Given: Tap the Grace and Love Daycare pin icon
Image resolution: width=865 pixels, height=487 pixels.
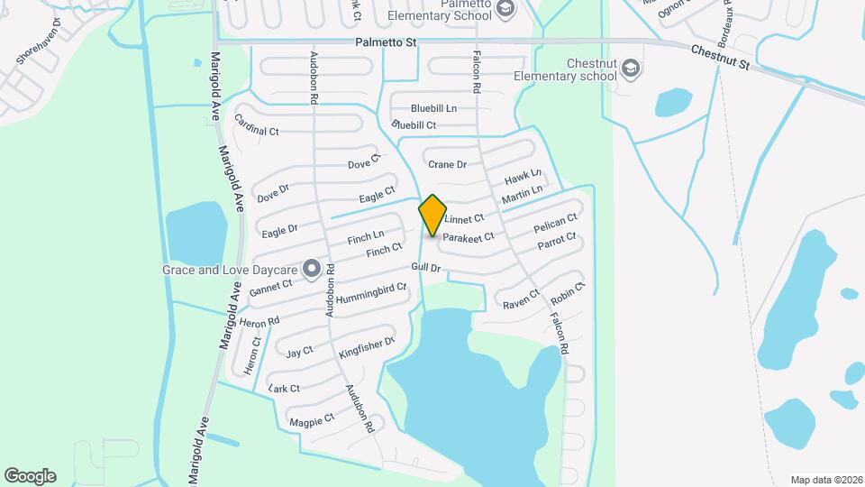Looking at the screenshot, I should coord(312,268).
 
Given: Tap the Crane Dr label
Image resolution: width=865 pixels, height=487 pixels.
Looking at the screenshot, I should coord(447,164).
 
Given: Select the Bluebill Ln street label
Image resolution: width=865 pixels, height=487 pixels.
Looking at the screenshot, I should coord(433,107).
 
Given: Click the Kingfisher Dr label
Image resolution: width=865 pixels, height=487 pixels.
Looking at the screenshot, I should coord(368,348).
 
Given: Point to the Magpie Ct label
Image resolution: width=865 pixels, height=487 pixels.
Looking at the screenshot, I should coord(312,419).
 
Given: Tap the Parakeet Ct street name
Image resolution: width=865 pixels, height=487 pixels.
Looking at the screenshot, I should coord(470,237).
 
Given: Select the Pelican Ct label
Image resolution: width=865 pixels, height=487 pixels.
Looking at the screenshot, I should coord(554,222).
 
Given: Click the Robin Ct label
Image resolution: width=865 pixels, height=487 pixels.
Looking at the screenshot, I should coord(569,292).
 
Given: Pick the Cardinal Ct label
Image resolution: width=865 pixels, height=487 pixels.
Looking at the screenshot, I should coord(257,125).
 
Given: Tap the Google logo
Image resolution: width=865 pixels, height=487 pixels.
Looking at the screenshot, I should coord(30,475).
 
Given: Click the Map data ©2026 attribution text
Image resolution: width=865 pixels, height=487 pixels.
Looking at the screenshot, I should coord(825,480).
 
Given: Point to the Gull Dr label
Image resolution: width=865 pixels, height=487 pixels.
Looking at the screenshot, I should coord(425,268).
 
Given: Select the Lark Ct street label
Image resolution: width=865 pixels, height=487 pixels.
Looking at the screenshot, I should coord(284,388).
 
